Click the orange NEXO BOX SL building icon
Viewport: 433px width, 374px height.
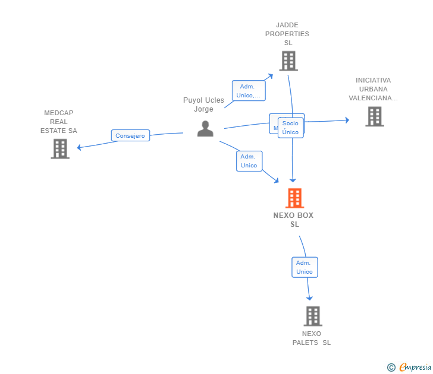(294, 198)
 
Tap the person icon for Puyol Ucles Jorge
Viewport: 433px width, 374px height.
(205, 129)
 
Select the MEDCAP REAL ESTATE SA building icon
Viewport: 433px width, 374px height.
(60, 149)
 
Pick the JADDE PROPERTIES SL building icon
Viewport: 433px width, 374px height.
(288, 61)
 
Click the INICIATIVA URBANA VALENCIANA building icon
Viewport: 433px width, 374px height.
(374, 117)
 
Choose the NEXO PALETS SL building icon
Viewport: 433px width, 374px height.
(313, 316)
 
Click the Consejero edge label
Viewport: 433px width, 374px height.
(130, 135)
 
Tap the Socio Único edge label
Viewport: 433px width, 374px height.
(290, 128)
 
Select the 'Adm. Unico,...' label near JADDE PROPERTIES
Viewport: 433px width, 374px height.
(248, 91)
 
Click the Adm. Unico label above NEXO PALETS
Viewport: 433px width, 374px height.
(304, 267)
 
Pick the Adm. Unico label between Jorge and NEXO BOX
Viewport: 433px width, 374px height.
(249, 161)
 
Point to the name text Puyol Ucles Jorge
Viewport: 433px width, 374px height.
(203, 104)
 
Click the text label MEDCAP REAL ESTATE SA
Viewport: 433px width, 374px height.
(59, 122)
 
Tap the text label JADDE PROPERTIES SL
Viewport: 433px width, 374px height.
(287, 34)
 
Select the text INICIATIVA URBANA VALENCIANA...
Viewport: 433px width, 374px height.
(373, 89)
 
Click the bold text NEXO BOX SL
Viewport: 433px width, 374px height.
(293, 220)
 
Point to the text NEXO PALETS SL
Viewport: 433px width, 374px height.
(312, 338)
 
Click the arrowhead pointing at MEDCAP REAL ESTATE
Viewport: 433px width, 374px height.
(80, 147)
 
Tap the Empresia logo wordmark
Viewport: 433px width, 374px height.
(415, 367)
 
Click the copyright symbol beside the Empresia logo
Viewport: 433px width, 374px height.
(391, 367)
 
